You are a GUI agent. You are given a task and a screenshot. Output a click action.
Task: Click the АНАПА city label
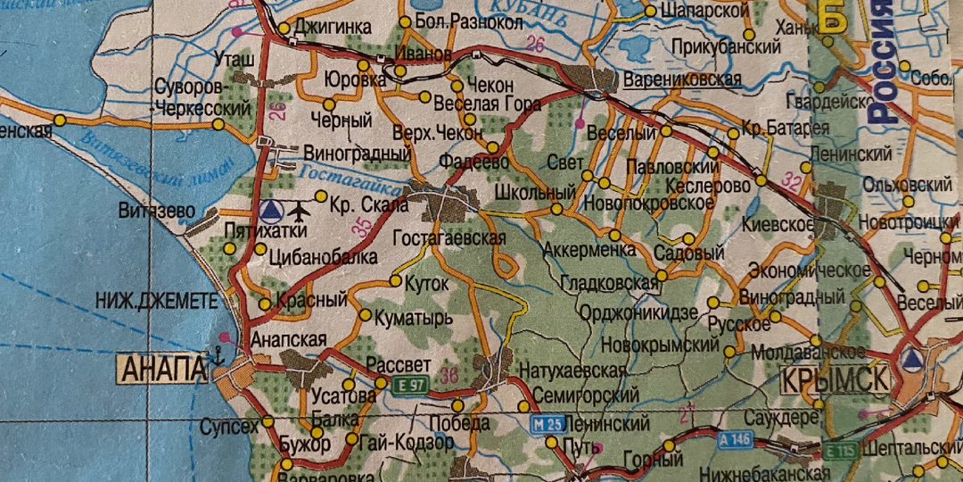point(164,368)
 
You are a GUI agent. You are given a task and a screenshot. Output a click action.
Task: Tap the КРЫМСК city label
point(835,379)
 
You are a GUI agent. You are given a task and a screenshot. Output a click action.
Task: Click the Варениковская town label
point(683,79)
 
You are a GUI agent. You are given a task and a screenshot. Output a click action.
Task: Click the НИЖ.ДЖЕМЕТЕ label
point(157,302)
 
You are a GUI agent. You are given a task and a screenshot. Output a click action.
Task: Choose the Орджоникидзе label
point(638,312)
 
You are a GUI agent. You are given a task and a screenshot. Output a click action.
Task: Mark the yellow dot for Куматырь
point(365,315)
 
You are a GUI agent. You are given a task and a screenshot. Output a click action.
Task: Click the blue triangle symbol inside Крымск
point(911,361)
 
